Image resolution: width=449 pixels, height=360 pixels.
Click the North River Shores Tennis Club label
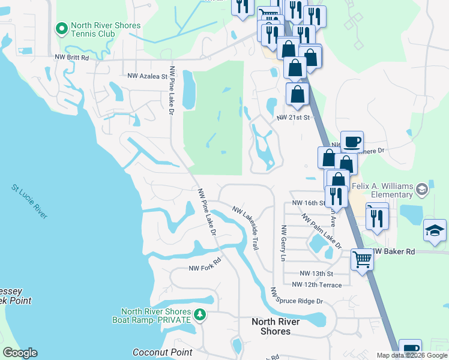(x=106, y=30)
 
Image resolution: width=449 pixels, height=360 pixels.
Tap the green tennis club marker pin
(x=61, y=28)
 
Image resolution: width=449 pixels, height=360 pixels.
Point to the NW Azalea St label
(x=147, y=76)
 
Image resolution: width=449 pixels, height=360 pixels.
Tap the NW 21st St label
(x=292, y=118)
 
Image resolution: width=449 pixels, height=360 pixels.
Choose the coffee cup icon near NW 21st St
(x=352, y=142)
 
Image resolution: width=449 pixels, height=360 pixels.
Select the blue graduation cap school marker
(x=435, y=232)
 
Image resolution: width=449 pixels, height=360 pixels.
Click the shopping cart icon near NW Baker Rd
(x=362, y=260)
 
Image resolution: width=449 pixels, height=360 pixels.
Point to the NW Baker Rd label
(x=394, y=252)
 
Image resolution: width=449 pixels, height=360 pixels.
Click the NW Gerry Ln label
(x=283, y=244)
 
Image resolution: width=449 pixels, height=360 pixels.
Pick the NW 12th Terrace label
(x=317, y=284)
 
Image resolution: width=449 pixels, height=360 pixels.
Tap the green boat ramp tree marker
(x=201, y=314)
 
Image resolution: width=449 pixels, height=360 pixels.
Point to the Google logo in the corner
(x=20, y=353)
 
